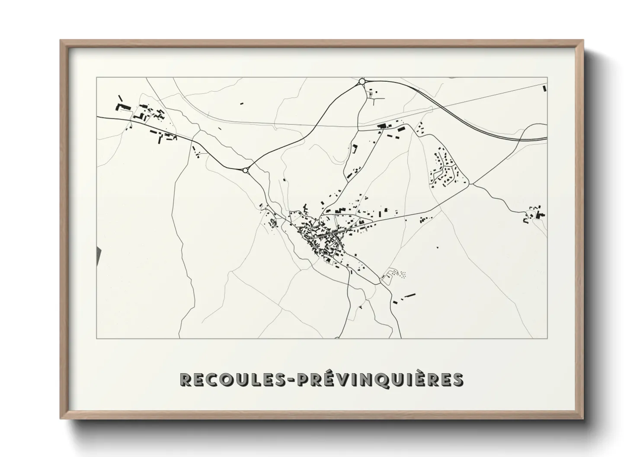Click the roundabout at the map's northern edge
[362, 81]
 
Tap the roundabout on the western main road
[246, 171]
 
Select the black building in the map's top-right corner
[544, 89]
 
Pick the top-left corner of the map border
[97, 77]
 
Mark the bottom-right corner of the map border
[547, 338]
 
